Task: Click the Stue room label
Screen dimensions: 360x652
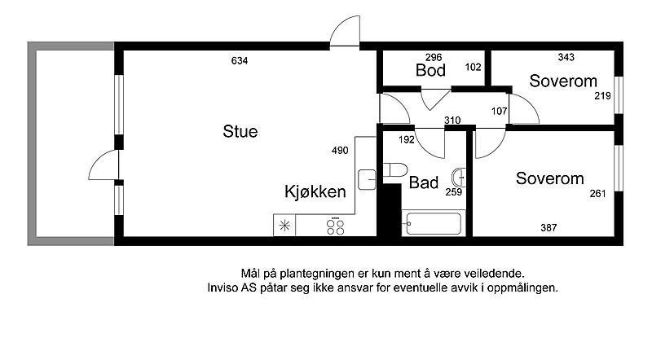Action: [240, 131]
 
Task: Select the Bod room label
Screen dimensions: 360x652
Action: [430, 71]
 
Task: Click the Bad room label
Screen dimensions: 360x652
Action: [424, 182]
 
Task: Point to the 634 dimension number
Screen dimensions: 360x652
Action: [239, 61]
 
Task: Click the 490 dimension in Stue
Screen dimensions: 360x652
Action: [340, 150]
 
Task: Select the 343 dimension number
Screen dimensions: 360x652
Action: [566, 57]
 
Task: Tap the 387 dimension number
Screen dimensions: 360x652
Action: [548, 228]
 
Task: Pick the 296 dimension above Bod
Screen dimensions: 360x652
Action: [433, 57]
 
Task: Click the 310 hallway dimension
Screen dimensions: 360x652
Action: [452, 121]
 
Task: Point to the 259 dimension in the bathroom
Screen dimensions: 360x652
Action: [454, 193]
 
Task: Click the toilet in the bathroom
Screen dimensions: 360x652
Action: [394, 171]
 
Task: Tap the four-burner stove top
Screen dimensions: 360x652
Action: [334, 226]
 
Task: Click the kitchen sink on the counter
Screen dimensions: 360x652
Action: [366, 176]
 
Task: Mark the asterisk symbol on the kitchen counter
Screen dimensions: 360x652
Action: [284, 226]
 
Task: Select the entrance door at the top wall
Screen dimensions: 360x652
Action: [345, 33]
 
